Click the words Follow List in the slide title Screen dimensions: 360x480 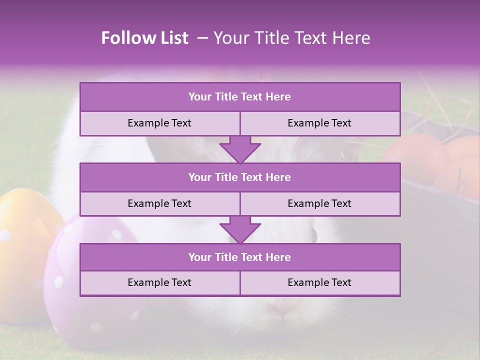coord(144,38)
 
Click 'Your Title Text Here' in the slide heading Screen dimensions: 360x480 coord(291,38)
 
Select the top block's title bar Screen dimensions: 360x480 coord(240,97)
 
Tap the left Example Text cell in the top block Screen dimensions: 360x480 coord(159,123)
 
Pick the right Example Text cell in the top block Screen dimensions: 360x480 coord(319,123)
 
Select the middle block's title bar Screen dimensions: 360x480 coord(240,177)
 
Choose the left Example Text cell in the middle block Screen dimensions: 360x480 coord(159,203)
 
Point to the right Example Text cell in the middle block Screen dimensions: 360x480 coord(319,203)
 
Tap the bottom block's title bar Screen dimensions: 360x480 coord(240,257)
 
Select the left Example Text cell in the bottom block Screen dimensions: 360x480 coord(159,282)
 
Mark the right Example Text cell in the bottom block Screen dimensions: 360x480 coord(319,282)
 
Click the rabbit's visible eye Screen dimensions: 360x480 coord(313,234)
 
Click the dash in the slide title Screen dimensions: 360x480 coord(202,38)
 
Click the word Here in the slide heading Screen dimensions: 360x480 coord(352,38)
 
